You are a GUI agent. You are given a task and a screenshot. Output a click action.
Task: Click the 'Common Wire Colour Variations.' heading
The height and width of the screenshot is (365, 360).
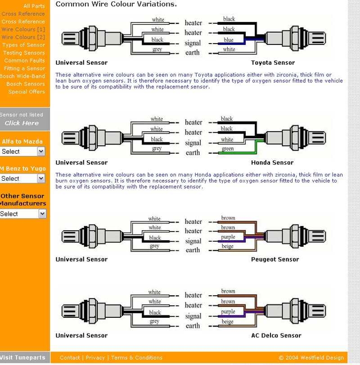(x=116, y=4)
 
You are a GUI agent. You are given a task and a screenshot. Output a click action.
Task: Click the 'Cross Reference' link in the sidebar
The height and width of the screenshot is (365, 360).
(x=23, y=14)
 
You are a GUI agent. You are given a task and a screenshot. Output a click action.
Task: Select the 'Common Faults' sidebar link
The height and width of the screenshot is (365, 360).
(x=25, y=61)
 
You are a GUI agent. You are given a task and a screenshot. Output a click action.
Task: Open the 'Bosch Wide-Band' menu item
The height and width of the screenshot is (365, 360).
(x=22, y=76)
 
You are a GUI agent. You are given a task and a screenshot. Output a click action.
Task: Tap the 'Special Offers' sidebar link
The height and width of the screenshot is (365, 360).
(x=27, y=92)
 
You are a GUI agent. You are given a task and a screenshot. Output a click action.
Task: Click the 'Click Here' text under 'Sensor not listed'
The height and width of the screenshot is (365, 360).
(x=22, y=123)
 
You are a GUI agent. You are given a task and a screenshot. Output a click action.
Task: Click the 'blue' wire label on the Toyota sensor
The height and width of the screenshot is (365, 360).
(x=229, y=40)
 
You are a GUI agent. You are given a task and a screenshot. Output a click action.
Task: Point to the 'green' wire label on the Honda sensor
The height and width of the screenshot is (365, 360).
(x=228, y=149)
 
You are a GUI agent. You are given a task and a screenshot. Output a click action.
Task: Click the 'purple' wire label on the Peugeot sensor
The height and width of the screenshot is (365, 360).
(x=228, y=237)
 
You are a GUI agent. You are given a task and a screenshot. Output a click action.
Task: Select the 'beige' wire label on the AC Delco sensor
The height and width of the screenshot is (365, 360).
(x=228, y=322)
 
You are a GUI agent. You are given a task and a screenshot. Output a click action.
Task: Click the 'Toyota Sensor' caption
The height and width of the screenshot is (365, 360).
(x=273, y=63)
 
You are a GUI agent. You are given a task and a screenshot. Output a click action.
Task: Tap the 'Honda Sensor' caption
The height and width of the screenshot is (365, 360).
(x=272, y=163)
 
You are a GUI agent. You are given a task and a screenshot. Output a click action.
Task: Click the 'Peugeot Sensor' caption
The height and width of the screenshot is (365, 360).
(x=275, y=259)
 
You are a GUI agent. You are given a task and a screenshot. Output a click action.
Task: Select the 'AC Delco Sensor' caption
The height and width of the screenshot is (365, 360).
(x=276, y=336)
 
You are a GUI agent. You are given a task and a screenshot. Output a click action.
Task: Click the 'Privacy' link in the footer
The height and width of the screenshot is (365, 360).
(x=95, y=358)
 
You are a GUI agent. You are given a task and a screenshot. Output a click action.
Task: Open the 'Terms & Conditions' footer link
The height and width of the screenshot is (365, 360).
(x=137, y=358)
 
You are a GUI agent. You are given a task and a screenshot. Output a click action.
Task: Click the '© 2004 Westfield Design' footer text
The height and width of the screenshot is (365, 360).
(x=311, y=358)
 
